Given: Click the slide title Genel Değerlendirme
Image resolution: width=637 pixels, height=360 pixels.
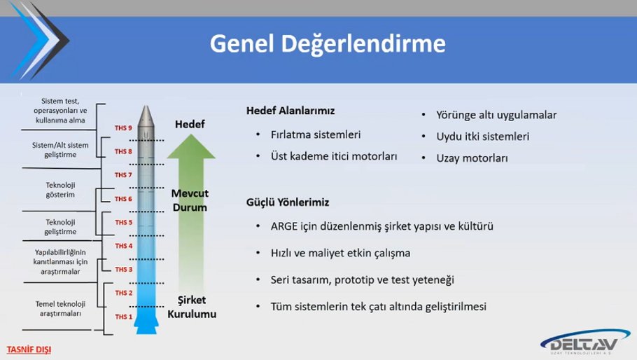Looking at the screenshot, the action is pyautogui.click(x=328, y=44).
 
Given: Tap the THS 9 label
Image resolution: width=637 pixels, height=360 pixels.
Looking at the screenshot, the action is pyautogui.click(x=123, y=128).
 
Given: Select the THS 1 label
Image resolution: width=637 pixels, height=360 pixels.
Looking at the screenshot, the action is pyautogui.click(x=123, y=317).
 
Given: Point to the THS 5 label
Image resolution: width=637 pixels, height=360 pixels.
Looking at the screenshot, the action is pyautogui.click(x=123, y=222).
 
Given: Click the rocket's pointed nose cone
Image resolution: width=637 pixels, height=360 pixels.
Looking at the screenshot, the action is pyautogui.click(x=146, y=116).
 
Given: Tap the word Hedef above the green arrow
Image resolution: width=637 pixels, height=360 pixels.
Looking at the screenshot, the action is pyautogui.click(x=190, y=125).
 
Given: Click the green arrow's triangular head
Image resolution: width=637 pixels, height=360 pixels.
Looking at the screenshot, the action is pyautogui.click(x=191, y=146).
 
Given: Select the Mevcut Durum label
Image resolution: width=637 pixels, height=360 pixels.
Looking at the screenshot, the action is pyautogui.click(x=190, y=200).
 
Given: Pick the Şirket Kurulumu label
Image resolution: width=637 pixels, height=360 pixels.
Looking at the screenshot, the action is pyautogui.click(x=192, y=307).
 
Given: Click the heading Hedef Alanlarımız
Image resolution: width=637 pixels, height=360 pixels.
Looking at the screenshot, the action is pyautogui.click(x=290, y=111).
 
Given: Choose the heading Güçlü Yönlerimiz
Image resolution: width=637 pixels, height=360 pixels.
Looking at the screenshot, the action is pyautogui.click(x=288, y=202).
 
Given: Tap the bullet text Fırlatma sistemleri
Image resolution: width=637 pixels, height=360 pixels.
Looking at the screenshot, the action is pyautogui.click(x=316, y=134).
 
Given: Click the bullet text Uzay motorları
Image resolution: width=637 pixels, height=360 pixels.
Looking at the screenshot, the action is pyautogui.click(x=472, y=158).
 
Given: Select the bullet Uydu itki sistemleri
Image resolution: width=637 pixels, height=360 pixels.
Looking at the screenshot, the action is pyautogui.click(x=482, y=137).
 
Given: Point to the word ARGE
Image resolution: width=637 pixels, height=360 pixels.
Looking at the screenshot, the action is pyautogui.click(x=284, y=226).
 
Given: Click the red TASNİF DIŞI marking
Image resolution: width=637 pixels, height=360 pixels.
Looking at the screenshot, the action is pyautogui.click(x=29, y=349).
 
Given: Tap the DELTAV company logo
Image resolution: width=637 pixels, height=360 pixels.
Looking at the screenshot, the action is pyautogui.click(x=585, y=342).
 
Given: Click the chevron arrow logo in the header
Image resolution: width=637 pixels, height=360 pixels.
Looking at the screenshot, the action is pyautogui.click(x=40, y=41).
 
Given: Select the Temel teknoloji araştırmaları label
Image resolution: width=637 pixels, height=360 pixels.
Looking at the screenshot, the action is pyautogui.click(x=60, y=309).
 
